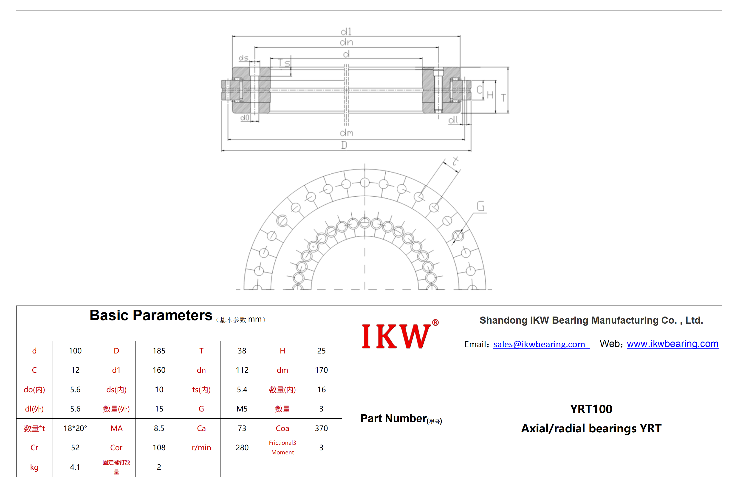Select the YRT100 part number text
pyautogui.click(x=591, y=409)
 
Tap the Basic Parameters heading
pyautogui.click(x=151, y=315)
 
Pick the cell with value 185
pyautogui.click(x=159, y=350)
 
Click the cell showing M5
pyautogui.click(x=242, y=409)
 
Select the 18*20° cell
pyautogui.click(x=75, y=428)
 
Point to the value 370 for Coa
pyautogui.click(x=321, y=428)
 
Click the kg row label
pyautogui.click(x=34, y=467)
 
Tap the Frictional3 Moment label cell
pyautogui.click(x=282, y=447)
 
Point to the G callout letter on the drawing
pyautogui.click(x=480, y=206)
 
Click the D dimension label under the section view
pyautogui.click(x=344, y=145)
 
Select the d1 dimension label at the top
pyautogui.click(x=346, y=32)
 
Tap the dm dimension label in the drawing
pyautogui.click(x=347, y=133)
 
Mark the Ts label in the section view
pyautogui.click(x=284, y=63)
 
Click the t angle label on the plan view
pyautogui.click(x=455, y=161)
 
